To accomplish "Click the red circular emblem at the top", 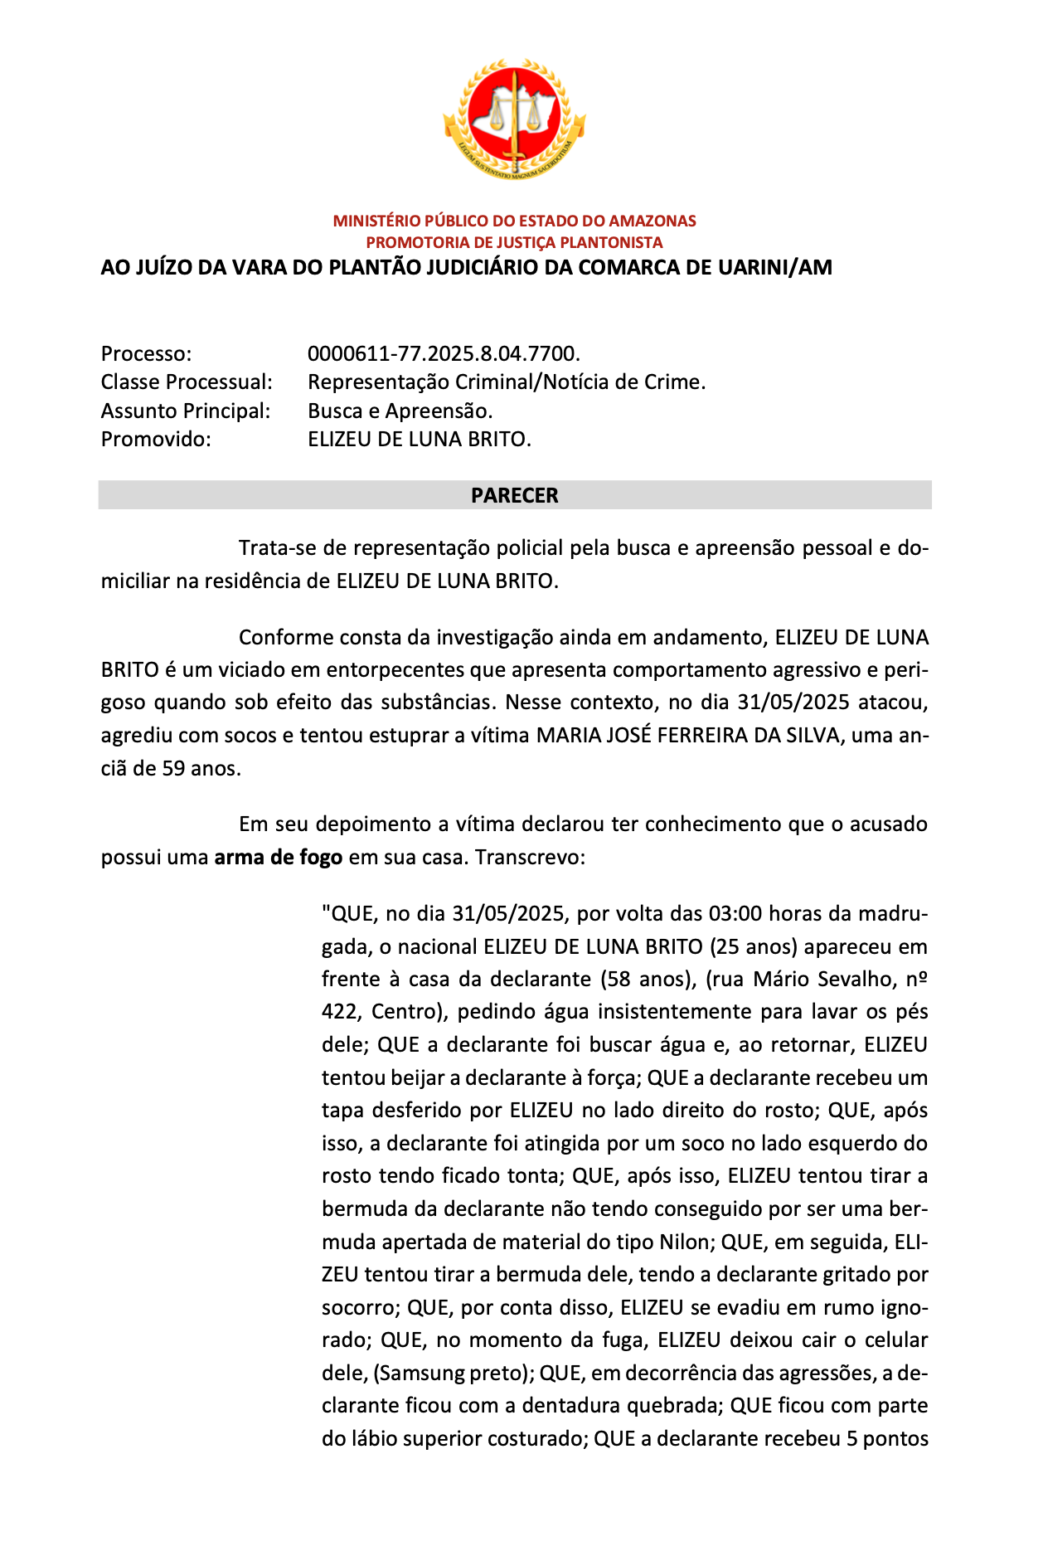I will [x=514, y=119].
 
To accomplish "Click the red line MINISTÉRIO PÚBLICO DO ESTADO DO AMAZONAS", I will [x=514, y=221].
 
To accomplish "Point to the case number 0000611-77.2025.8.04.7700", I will [x=443, y=354].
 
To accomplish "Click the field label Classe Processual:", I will [x=187, y=382].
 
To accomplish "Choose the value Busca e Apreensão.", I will [x=400, y=411].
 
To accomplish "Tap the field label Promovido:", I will [x=156, y=440].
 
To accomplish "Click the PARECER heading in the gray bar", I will [x=514, y=496].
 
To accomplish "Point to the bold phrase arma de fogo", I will [x=278, y=858].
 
